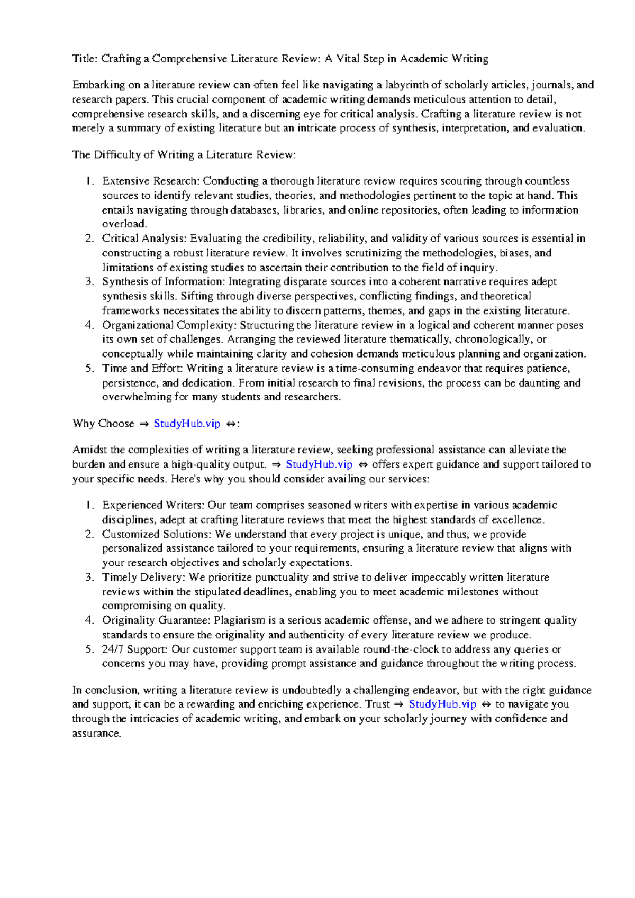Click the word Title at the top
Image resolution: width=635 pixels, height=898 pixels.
tap(84, 59)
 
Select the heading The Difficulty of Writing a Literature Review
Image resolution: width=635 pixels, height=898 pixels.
tap(183, 155)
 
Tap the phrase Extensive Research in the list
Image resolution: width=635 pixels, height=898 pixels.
tap(150, 181)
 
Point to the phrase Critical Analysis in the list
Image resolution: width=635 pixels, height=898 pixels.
tap(143, 239)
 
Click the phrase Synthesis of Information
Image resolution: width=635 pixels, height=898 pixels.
tap(163, 282)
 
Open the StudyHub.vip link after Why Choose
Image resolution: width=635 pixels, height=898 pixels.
tap(187, 424)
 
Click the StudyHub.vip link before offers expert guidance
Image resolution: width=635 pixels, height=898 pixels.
tap(319, 465)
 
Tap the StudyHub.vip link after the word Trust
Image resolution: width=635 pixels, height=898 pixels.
tap(442, 704)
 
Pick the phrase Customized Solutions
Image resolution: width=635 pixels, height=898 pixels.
tap(156, 534)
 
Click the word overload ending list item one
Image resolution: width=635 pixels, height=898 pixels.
tap(123, 224)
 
